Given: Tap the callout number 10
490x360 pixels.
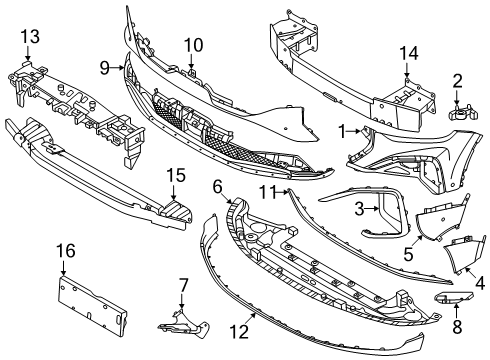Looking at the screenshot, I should (193, 44).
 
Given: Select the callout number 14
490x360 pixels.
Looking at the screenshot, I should (407, 54).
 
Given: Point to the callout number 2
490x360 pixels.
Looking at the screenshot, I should (458, 80).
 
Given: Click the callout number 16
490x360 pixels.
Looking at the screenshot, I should (65, 250).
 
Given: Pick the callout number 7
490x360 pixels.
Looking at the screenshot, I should (182, 287).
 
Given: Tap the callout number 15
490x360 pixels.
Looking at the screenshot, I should (175, 176).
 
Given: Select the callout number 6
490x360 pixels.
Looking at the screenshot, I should (217, 186).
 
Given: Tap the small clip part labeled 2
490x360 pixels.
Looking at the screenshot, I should (461, 111).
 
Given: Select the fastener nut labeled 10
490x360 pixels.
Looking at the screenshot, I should (191, 71).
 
